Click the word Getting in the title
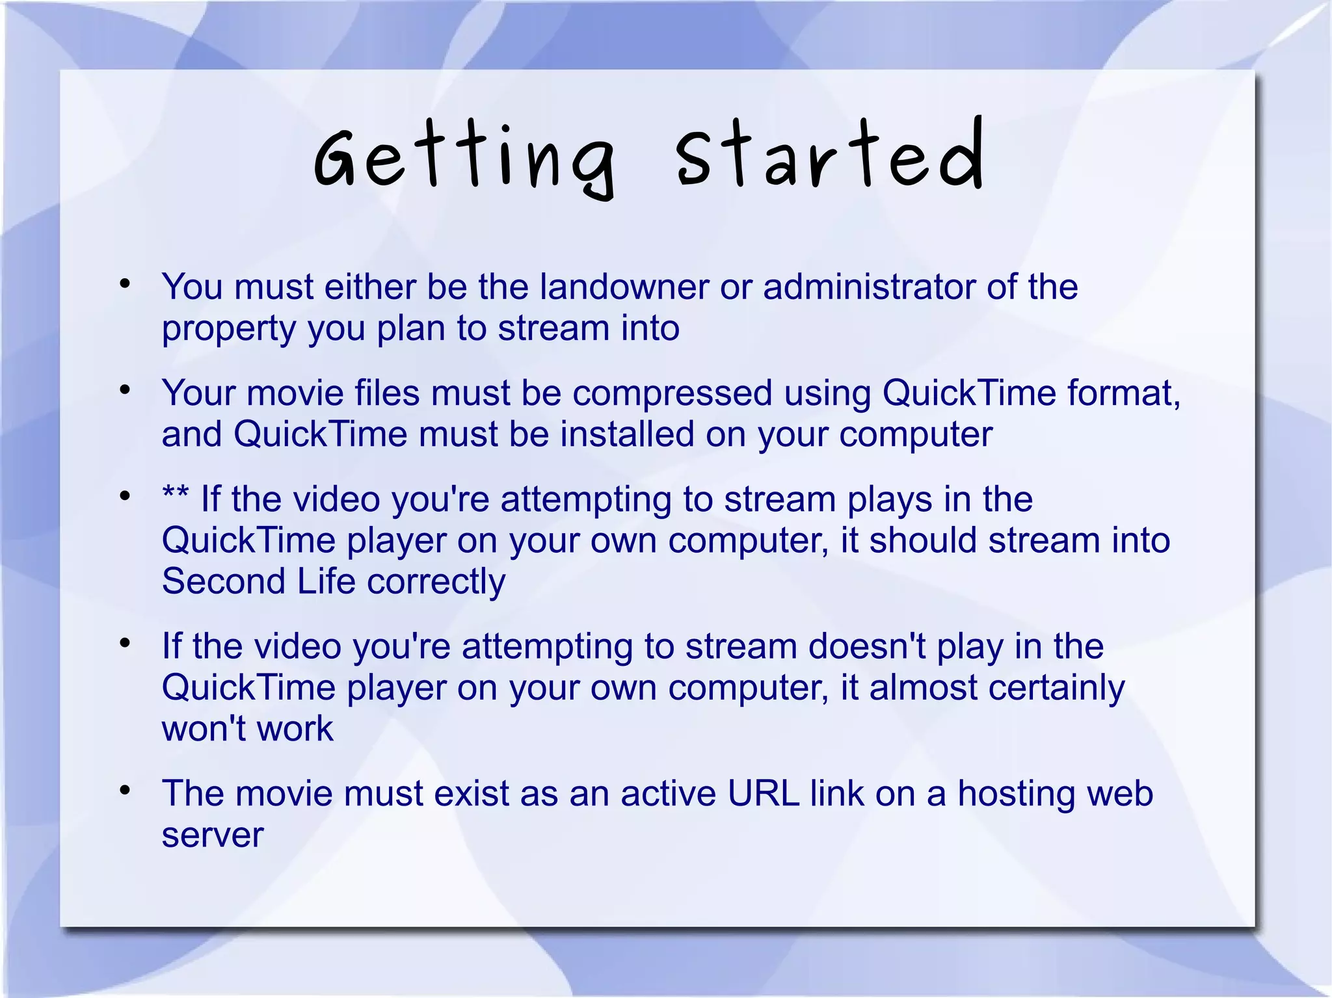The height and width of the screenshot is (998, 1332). coord(464,159)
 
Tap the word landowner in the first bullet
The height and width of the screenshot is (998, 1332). coord(624,287)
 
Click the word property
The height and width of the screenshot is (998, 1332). coord(229,329)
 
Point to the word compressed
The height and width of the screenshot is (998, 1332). coord(672,393)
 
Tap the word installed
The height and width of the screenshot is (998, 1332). coord(627,434)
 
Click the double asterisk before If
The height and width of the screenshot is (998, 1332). coord(175,497)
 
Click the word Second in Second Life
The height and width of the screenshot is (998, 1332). coord(223,581)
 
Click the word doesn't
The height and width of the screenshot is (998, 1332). coord(866,646)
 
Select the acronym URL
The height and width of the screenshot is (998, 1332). coord(763,794)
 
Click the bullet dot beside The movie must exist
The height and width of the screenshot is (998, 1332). coord(126,791)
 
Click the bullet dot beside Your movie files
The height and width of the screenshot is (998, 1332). coord(126,390)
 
